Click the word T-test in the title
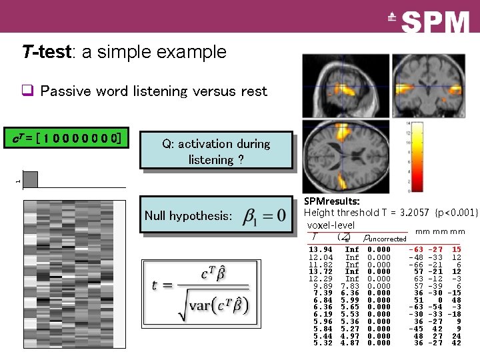pyautogui.click(x=46, y=52)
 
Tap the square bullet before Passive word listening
pyautogui.click(x=27, y=91)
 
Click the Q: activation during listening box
pyautogui.click(x=215, y=151)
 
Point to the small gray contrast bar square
pyautogui.click(x=30, y=179)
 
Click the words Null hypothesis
pyautogui.click(x=188, y=216)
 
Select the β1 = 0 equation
pyautogui.click(x=265, y=215)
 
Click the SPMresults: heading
pyautogui.click(x=331, y=201)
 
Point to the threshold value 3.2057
pyautogui.click(x=411, y=213)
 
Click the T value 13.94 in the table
pyautogui.click(x=321, y=250)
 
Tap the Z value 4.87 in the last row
pyautogui.click(x=351, y=343)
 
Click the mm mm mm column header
pyautogui.click(x=439, y=232)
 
